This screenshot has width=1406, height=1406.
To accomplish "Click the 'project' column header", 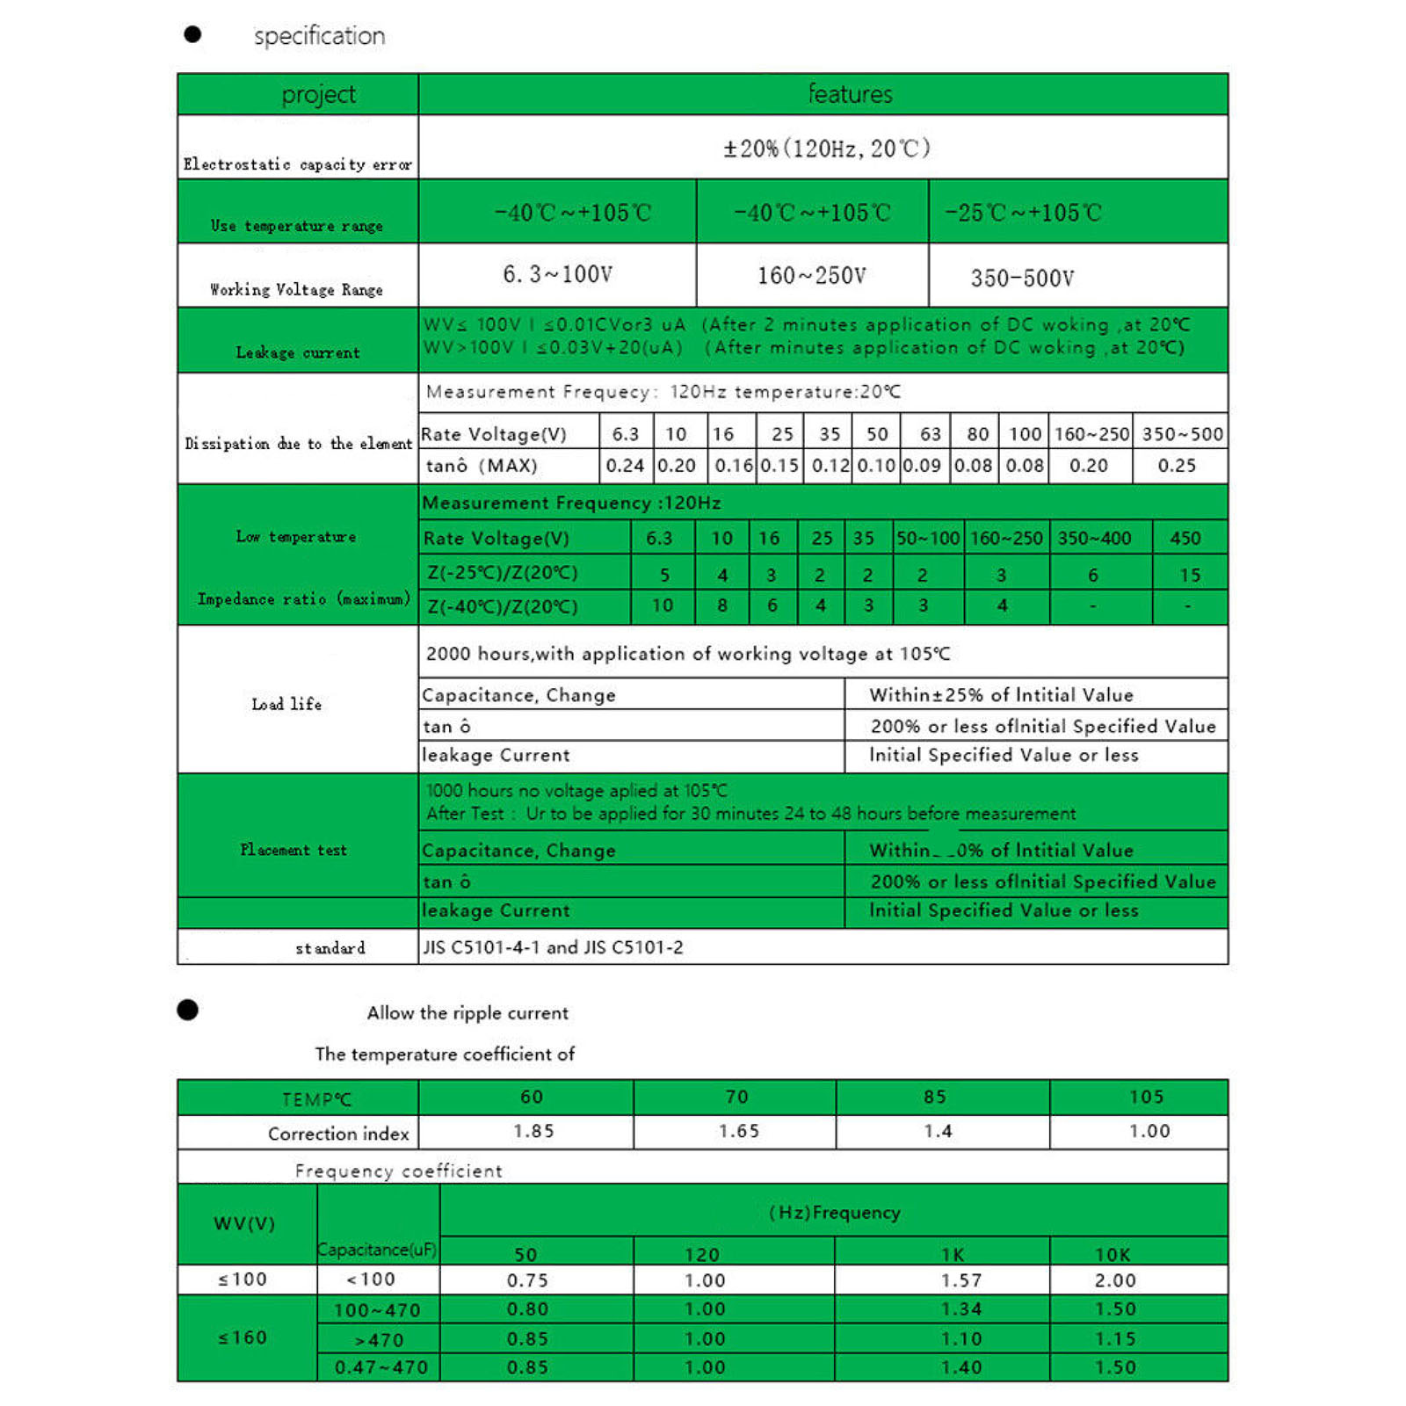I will click(x=318, y=94).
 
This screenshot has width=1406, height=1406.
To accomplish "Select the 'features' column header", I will click(x=850, y=94).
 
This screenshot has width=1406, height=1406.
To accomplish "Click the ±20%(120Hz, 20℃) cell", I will click(x=826, y=148).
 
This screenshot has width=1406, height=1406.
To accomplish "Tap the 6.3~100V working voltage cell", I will click(x=557, y=275).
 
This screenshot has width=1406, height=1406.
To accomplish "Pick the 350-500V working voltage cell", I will click(x=1022, y=279).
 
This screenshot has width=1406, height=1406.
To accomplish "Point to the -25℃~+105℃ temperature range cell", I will click(x=1023, y=213).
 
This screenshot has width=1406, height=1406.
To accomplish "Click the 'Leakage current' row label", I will click(x=298, y=352).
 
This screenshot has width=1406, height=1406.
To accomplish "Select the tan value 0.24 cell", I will click(x=625, y=466).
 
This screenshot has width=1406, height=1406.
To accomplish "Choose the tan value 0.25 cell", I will click(x=1177, y=466).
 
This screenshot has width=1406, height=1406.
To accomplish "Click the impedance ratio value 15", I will click(x=1190, y=575).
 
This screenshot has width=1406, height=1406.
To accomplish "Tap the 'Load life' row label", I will click(x=286, y=704).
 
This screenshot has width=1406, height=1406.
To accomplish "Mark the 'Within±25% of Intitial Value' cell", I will click(x=1001, y=695).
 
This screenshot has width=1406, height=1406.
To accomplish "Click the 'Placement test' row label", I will click(x=294, y=850).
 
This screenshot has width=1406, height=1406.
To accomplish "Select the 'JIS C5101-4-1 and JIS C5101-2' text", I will click(x=553, y=947).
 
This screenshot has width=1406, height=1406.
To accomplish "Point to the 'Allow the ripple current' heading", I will click(x=467, y=1013).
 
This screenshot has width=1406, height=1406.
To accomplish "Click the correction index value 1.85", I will click(x=533, y=1131).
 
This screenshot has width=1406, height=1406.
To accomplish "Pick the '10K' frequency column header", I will click(x=1112, y=1254).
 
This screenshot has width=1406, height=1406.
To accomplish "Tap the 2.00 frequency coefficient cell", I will click(x=1115, y=1280).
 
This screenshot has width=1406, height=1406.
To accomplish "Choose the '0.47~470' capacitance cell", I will click(x=380, y=1367).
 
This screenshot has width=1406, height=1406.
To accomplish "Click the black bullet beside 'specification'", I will click(x=192, y=34).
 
